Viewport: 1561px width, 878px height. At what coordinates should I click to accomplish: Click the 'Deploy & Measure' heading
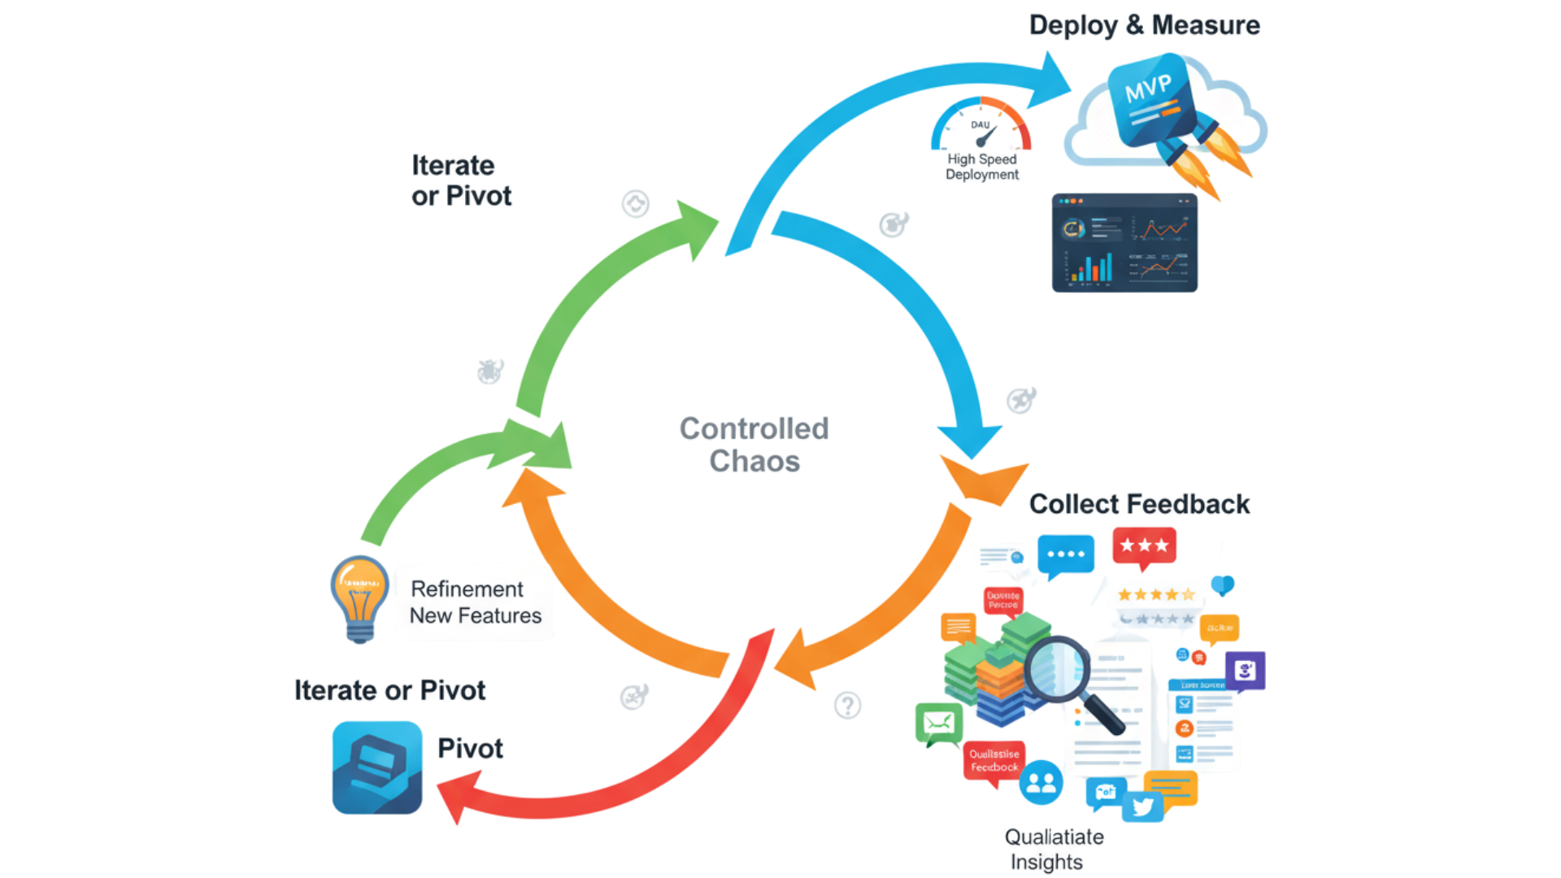point(1144,25)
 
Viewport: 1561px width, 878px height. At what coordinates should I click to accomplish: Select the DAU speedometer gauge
point(981,126)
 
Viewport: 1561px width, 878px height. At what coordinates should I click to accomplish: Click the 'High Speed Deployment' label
point(981,167)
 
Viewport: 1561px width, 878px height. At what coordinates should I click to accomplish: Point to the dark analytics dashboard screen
point(1124,242)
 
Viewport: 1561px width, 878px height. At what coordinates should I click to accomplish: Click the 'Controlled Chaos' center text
point(754,444)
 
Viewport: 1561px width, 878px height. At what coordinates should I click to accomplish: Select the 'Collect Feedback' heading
point(1139,504)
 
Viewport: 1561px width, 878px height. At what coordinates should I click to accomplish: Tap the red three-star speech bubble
point(1144,546)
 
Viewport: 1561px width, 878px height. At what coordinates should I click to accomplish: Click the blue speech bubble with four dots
point(1066,554)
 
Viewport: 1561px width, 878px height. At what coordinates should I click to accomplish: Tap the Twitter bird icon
point(1142,806)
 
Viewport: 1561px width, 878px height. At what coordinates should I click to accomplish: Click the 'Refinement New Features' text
point(475,602)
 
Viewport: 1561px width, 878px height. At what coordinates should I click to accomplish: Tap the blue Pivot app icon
point(377,767)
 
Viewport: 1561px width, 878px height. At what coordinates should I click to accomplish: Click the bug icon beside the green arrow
point(489,372)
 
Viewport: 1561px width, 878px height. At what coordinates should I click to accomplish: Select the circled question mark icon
point(847,705)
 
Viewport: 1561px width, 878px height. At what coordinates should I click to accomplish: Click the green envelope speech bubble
point(939,723)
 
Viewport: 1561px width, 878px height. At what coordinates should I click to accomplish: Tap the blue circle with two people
point(1041,783)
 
